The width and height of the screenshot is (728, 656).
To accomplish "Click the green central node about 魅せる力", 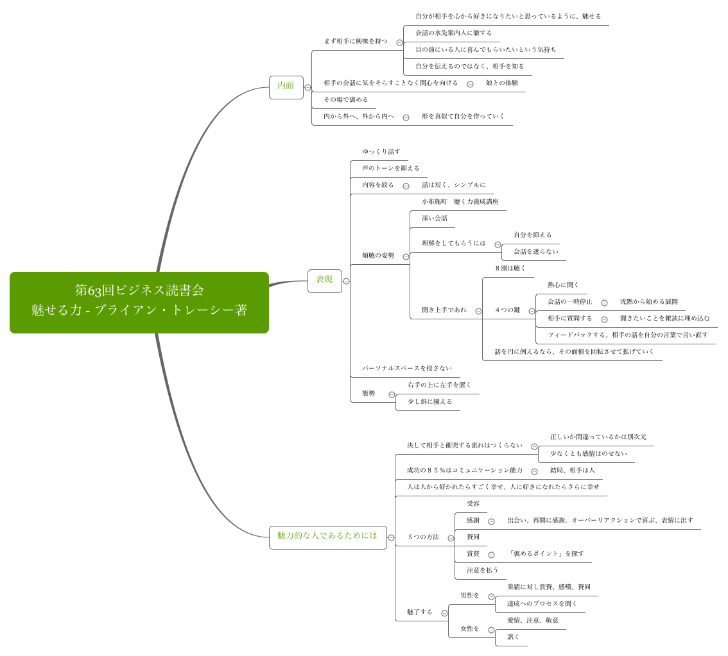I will point(139,302).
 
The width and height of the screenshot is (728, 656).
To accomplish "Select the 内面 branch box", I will point(286,87).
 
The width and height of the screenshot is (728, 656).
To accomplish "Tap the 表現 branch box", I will point(324,280).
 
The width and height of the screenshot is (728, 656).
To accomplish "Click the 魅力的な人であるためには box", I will point(327,537).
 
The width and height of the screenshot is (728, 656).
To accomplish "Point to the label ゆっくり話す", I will point(381,152).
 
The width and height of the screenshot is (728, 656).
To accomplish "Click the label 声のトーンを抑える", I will point(390,169).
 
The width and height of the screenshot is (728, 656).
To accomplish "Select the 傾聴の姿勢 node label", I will point(378,256).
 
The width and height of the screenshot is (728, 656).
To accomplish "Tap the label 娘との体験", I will point(502,83).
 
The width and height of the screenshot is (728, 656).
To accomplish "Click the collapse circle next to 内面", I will point(308,87).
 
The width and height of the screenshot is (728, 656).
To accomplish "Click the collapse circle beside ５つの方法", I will point(451,538).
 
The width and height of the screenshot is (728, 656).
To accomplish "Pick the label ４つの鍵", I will point(507,310).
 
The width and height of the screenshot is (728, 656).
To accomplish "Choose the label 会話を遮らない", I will point(535,252).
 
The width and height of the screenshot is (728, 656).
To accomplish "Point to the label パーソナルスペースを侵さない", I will point(406,369).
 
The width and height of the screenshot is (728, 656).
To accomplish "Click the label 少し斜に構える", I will point(429,402).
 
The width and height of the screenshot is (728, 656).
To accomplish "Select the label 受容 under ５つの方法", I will point(473,504).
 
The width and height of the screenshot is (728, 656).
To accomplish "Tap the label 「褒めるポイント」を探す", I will point(546,554).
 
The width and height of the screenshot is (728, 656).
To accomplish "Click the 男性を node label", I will point(469,596).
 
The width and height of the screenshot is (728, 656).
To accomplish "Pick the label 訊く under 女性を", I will point(513,637).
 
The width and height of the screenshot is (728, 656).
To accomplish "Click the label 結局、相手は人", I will point(572,471).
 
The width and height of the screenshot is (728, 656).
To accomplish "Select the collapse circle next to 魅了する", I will point(444,613).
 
